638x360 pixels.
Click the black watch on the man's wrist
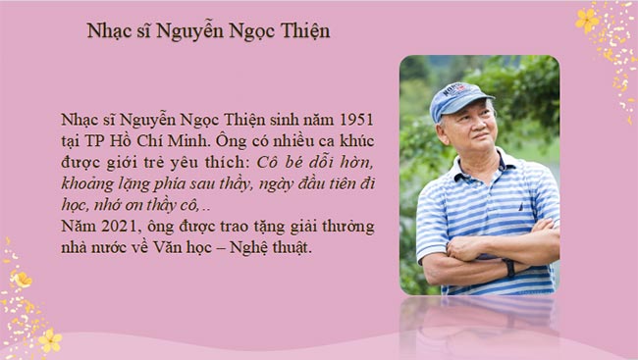(509, 267)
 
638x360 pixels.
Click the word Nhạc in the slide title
(112, 31)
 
